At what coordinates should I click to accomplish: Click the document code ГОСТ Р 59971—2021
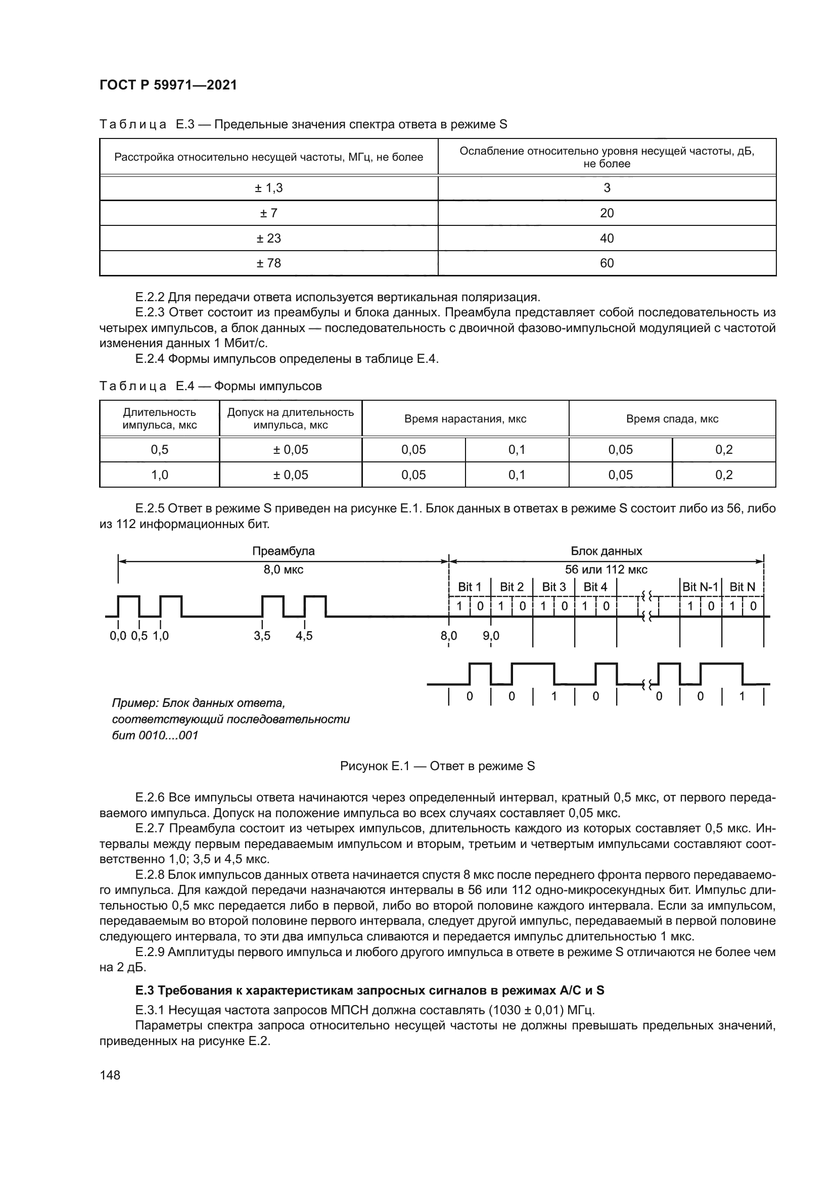point(168,85)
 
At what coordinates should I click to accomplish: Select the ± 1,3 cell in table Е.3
point(268,188)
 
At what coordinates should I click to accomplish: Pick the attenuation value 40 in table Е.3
point(607,239)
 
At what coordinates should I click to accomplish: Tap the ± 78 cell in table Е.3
point(268,263)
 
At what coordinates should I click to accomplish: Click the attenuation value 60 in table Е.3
point(607,263)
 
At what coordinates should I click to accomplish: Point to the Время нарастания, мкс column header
point(465,418)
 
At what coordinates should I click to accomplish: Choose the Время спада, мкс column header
point(672,418)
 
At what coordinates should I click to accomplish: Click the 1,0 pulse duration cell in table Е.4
point(160,475)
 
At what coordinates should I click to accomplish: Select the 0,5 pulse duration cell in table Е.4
point(160,449)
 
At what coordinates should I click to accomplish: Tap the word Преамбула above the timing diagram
point(283,551)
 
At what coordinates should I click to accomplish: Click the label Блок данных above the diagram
point(606,551)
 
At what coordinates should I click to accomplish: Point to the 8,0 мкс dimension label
point(283,570)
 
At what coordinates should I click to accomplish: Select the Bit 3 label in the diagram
point(553,587)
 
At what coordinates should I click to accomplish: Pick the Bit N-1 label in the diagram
point(700,587)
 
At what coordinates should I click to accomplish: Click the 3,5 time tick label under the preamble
point(261,636)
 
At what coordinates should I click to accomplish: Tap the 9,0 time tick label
point(491,636)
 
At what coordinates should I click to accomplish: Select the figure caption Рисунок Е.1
point(437,766)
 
